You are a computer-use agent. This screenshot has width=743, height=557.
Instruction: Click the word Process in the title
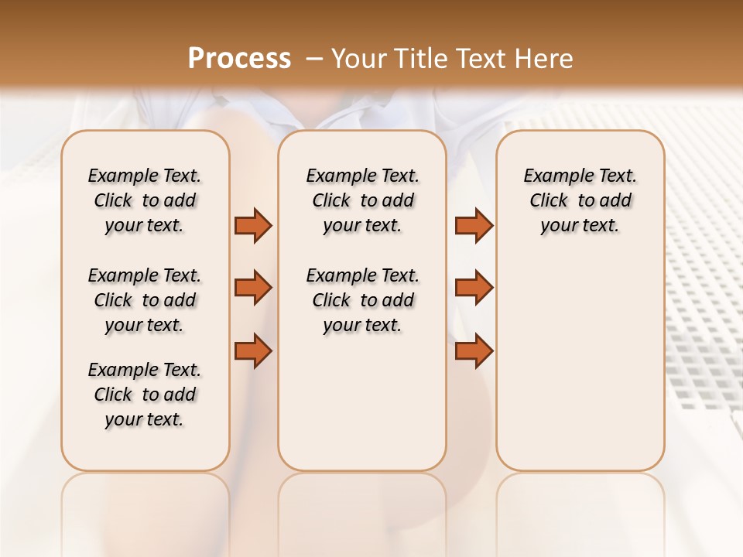pyautogui.click(x=239, y=59)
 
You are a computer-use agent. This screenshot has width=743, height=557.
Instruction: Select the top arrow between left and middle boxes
pyautogui.click(x=253, y=225)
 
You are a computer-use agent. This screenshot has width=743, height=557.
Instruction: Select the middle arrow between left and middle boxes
pyautogui.click(x=253, y=288)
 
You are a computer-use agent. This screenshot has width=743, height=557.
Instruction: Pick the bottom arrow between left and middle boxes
pyautogui.click(x=253, y=351)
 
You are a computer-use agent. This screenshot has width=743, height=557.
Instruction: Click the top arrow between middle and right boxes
pyautogui.click(x=474, y=225)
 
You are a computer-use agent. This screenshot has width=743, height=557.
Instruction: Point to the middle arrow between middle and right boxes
pyautogui.click(x=474, y=288)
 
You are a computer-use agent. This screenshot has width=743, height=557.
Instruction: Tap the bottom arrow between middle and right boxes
pyautogui.click(x=474, y=351)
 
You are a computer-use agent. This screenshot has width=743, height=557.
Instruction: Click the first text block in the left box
pyautogui.click(x=145, y=200)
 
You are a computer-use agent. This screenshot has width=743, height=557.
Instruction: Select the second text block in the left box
pyautogui.click(x=145, y=300)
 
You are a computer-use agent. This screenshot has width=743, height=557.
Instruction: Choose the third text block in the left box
pyautogui.click(x=145, y=395)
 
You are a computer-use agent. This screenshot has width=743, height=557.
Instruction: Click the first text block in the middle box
pyautogui.click(x=362, y=200)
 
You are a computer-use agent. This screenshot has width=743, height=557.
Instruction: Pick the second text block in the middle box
pyautogui.click(x=362, y=300)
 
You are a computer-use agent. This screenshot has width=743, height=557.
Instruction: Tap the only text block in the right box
pyautogui.click(x=580, y=200)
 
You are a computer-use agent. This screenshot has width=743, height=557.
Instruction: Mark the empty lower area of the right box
pyautogui.click(x=580, y=371)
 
